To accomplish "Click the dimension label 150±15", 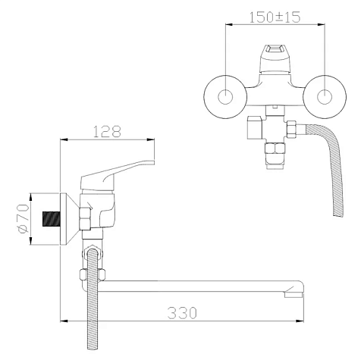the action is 275,17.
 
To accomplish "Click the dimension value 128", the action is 107,132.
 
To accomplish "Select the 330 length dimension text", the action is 182,313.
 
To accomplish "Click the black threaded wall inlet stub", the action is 52,219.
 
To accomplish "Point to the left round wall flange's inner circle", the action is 225,97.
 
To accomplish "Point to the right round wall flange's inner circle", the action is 325,97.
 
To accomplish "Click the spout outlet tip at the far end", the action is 294,294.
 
